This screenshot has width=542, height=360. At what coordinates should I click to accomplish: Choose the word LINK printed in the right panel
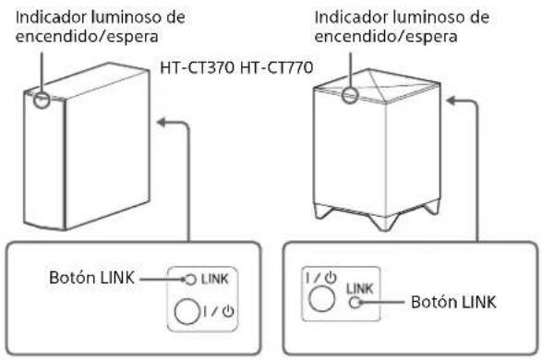[x=364, y=287]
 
